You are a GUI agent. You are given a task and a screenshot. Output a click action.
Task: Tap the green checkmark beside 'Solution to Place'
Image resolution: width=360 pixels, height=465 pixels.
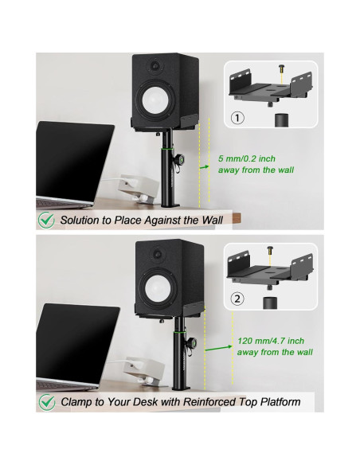pyautogui.click(x=47, y=218)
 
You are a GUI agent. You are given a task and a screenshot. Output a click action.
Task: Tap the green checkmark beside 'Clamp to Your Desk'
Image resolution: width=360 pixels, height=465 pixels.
pyautogui.click(x=47, y=401)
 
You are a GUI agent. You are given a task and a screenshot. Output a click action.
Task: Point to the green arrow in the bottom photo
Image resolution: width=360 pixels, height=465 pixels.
pyautogui.click(x=217, y=347)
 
